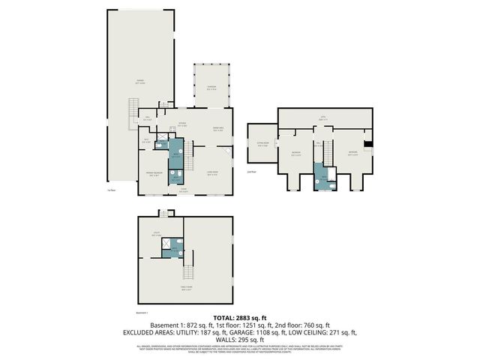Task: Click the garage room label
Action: [x=139, y=82]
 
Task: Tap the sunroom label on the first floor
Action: [x=211, y=87]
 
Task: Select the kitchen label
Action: [x=182, y=124]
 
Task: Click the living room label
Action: [x=212, y=174]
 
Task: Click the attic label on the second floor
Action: [x=324, y=118]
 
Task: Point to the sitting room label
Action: [x=262, y=145]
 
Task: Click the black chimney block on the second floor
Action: [x=366, y=145]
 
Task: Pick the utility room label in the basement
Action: [x=157, y=235]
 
